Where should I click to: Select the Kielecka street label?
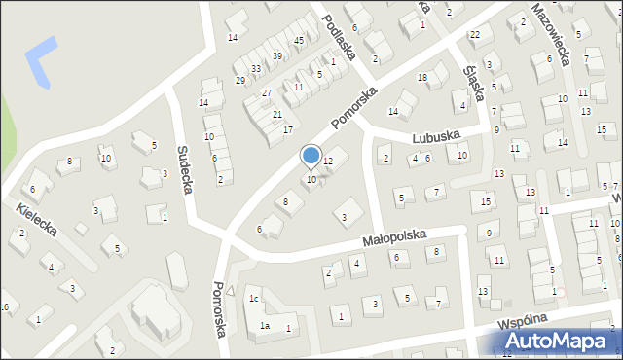36,220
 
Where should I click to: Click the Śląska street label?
475,72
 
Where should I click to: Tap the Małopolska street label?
396,236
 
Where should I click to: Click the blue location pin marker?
311,156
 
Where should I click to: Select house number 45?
299,40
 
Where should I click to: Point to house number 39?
276,56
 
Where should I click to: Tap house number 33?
255,69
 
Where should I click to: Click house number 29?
240,80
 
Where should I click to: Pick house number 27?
266,92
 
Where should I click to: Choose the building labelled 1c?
253,299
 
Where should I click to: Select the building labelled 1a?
264,327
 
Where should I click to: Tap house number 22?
474,35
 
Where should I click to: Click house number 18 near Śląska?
422,77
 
